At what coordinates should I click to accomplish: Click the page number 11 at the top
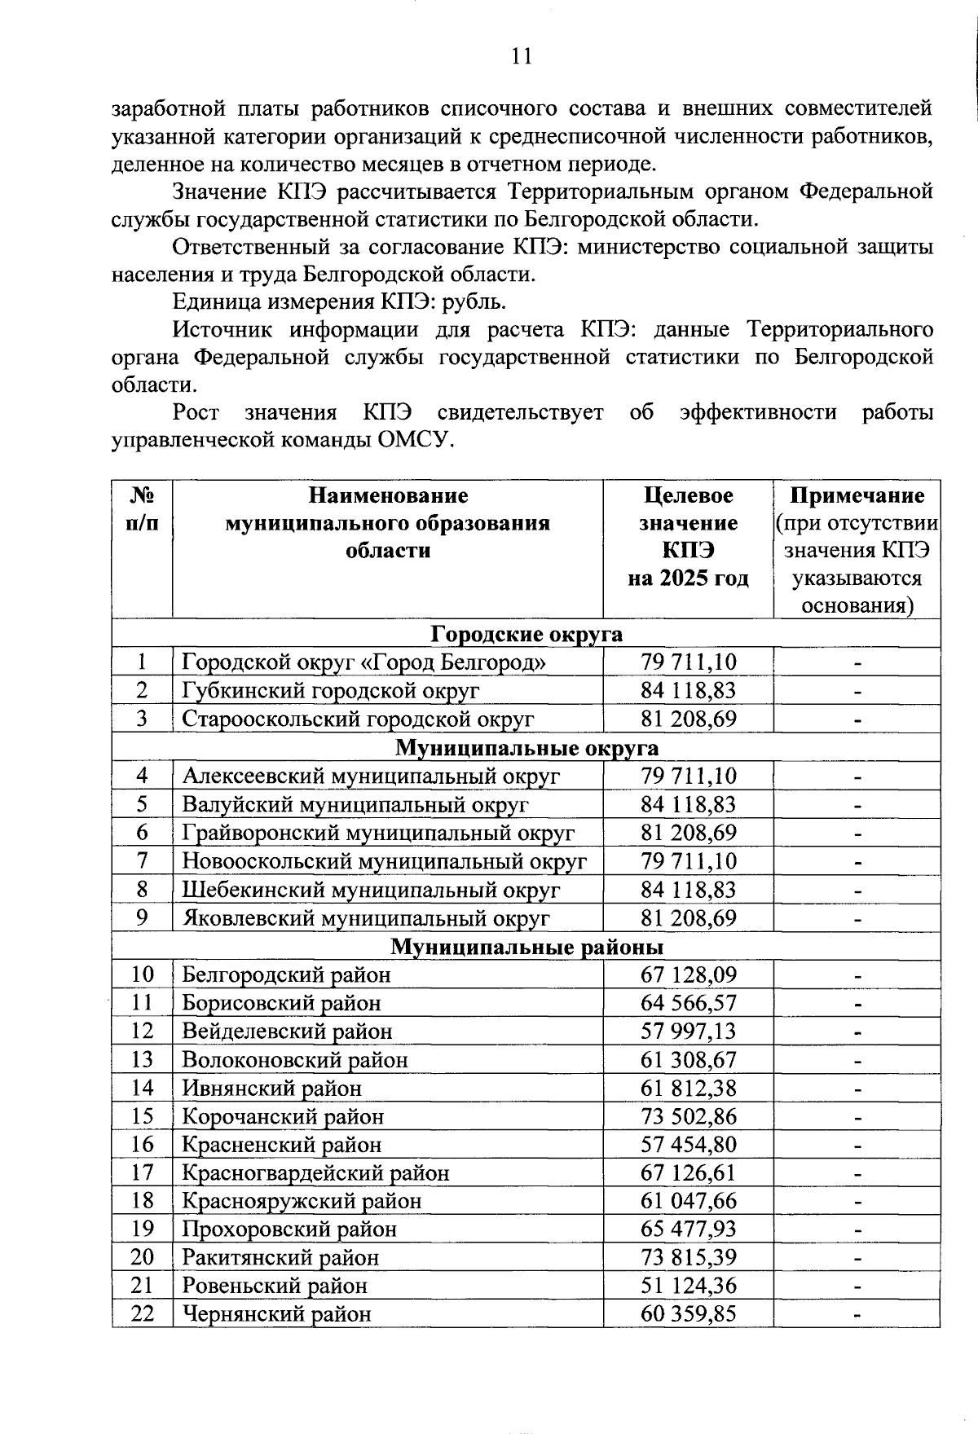pos(521,55)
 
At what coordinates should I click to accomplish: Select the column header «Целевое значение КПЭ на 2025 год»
pos(688,536)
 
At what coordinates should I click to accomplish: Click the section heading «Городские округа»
pos(526,634)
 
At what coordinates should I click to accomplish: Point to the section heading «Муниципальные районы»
pos(526,947)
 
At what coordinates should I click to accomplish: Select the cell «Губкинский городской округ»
pos(330,691)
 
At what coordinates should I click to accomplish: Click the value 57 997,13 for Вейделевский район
pos(688,1032)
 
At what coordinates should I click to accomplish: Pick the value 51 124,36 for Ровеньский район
pos(688,1286)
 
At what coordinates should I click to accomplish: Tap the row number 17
pos(142,1173)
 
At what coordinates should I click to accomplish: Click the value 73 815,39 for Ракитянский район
pos(688,1257)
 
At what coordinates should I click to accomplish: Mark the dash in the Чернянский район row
pos(857,1314)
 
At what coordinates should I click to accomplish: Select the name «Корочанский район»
pos(282,1116)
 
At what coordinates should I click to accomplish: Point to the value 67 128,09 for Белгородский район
pos(688,974)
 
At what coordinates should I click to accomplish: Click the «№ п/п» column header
pos(142,509)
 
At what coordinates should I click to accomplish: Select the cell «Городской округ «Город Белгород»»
pos(363,662)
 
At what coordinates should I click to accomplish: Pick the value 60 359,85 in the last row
pos(688,1314)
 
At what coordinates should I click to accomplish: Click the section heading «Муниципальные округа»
pos(526,747)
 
